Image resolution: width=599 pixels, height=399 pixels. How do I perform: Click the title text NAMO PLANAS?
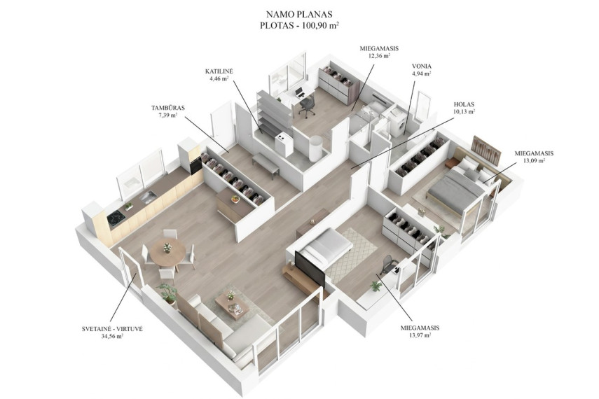(x=299, y=15)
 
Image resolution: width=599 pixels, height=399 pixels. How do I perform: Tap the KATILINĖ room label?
(x=219, y=71)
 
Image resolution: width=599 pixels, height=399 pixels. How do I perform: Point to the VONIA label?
(x=422, y=66)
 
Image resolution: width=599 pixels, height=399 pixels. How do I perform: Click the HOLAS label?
(x=464, y=104)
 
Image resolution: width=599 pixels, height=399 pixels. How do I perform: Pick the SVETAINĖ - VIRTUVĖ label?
(x=112, y=329)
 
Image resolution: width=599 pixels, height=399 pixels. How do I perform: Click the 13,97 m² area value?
(x=420, y=335)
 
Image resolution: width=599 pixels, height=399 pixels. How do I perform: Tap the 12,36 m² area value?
(x=379, y=56)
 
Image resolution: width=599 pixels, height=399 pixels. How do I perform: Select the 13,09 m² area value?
(x=534, y=161)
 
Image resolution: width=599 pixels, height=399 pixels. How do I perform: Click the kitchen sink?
(x=148, y=196)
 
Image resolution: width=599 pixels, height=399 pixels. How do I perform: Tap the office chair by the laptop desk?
(x=307, y=106)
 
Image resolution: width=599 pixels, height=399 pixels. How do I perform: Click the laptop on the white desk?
(x=300, y=92)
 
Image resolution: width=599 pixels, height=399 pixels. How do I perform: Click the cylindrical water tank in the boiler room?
(x=316, y=148)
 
